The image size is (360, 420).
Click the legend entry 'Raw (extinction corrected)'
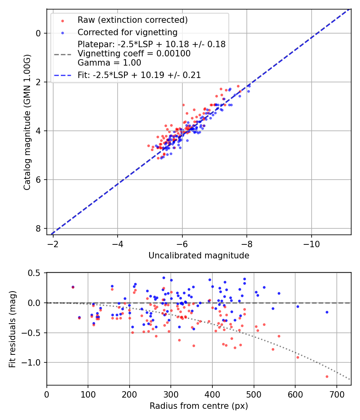pyautogui.click(x=132, y=20)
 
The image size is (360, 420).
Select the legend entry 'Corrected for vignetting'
pyautogui.click(x=127, y=32)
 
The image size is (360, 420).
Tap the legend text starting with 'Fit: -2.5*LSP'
pyautogui.click(x=139, y=75)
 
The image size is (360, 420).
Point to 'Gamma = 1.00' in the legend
pyautogui.click(x=109, y=62)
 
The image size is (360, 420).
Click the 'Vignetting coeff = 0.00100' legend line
pyautogui.click(x=134, y=53)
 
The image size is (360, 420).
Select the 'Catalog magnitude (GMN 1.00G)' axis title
pyautogui.click(x=27, y=122)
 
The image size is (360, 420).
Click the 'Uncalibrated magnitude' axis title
pyautogui.click(x=199, y=256)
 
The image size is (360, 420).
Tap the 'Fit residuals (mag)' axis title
pyautogui.click(x=13, y=329)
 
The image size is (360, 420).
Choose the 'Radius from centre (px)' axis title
pyautogui.click(x=199, y=406)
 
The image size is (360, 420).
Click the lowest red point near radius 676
pyautogui.click(x=327, y=376)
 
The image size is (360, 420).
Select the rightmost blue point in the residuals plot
pyautogui.click(x=327, y=312)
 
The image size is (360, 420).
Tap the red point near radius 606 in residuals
pyautogui.click(x=298, y=357)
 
